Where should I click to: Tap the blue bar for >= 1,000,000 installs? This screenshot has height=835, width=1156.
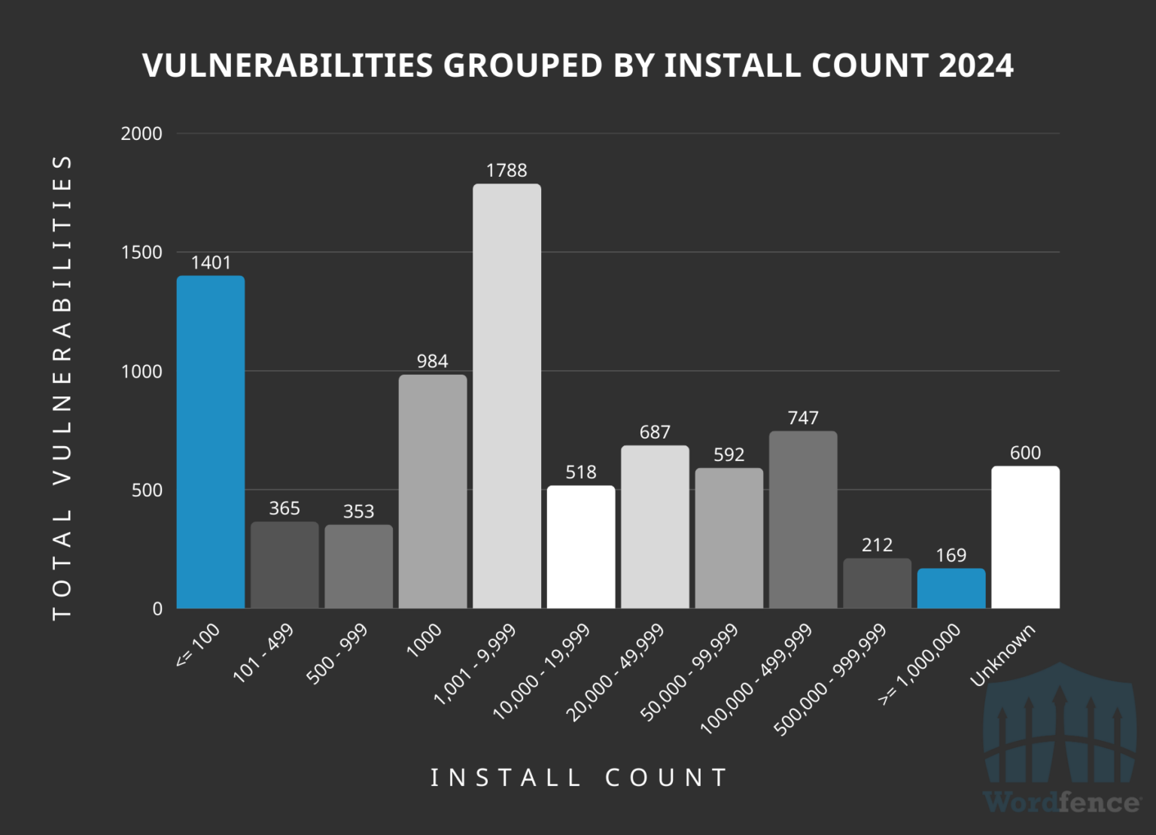[x=951, y=588]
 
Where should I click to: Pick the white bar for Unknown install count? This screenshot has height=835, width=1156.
[x=1025, y=537]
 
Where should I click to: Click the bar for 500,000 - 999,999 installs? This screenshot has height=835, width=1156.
[x=877, y=583]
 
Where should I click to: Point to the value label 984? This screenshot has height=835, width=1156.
[x=432, y=361]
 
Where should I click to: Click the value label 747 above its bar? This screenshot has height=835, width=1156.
[x=803, y=417]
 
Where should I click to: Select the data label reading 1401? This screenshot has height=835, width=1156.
[x=211, y=263]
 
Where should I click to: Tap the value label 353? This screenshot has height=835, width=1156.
[x=358, y=512]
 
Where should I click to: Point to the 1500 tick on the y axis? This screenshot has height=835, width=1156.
[x=141, y=253]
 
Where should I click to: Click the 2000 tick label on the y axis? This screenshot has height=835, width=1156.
[x=141, y=134]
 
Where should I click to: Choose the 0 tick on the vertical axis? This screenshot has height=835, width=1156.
[x=157, y=609]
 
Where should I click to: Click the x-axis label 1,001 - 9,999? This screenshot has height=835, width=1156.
[x=476, y=663]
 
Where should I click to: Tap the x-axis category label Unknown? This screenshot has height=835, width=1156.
[x=1003, y=654]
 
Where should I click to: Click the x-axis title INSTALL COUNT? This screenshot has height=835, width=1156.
[x=579, y=777]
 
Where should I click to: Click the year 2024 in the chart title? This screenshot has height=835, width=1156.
[x=976, y=65]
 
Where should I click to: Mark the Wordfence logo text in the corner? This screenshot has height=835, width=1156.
[x=1061, y=802]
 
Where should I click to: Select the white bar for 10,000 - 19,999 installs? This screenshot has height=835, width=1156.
[x=581, y=547]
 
